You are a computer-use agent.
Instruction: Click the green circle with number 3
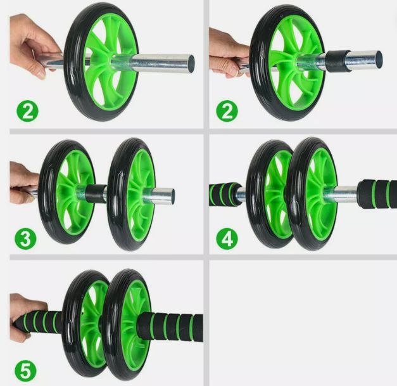[x=27, y=240]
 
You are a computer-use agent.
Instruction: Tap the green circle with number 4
[x=227, y=239]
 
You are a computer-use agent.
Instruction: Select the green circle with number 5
[x=27, y=369]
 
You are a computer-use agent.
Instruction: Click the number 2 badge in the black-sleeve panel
[x=227, y=112]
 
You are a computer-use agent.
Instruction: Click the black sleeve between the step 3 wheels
[x=98, y=194]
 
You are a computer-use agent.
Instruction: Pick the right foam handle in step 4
[x=377, y=193]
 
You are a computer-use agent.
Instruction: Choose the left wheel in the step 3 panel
[x=66, y=190]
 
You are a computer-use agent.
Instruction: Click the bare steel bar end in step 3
[x=163, y=195]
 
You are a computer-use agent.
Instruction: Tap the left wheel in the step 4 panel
[x=268, y=193]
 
